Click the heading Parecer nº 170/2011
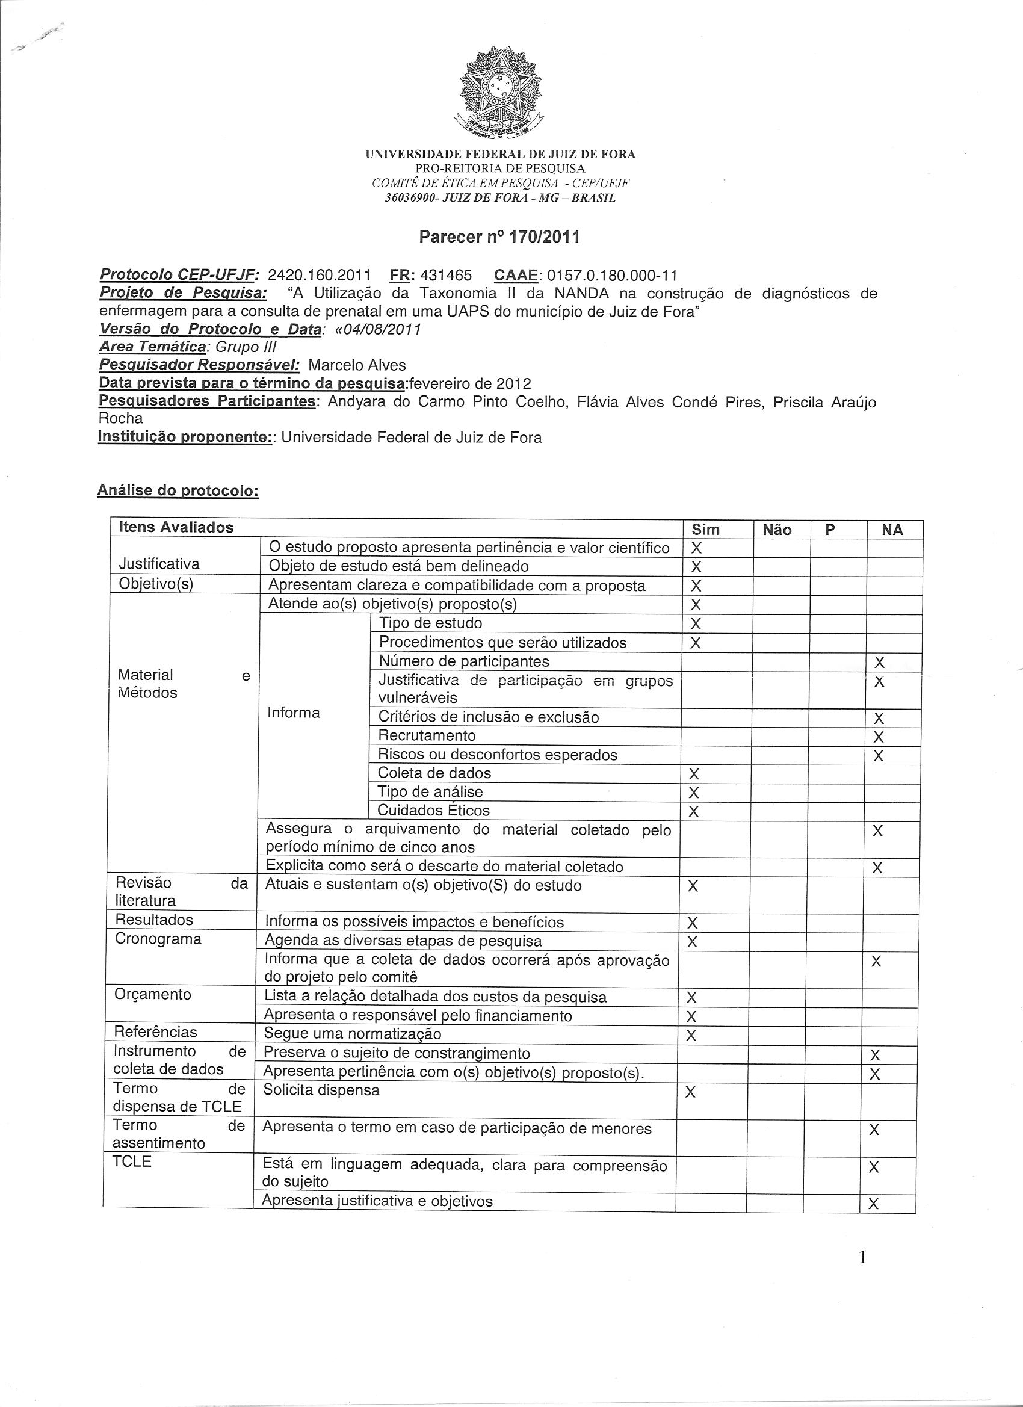click(499, 237)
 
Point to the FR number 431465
click(445, 275)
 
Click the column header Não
click(777, 530)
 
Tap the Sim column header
click(706, 530)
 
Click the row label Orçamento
click(144, 994)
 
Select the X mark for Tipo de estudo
click(696, 623)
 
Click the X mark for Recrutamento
click(878, 737)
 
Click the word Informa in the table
click(294, 712)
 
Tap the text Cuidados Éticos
click(434, 810)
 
